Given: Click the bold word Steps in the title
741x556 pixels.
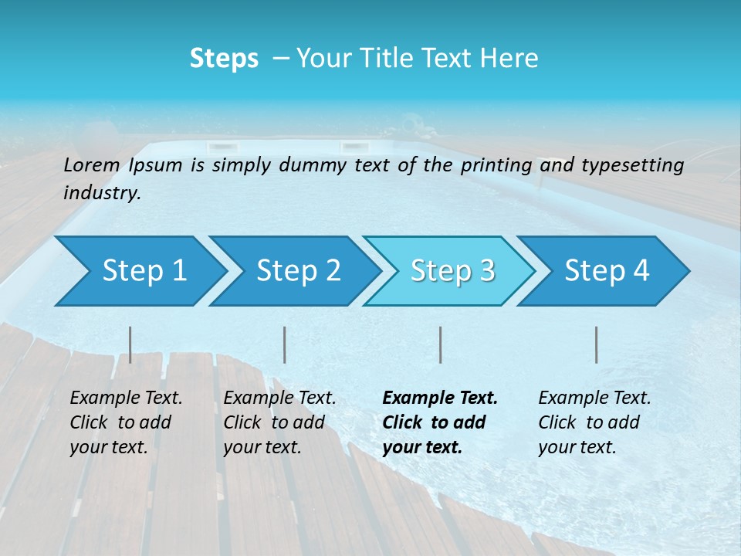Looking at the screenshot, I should (224, 59).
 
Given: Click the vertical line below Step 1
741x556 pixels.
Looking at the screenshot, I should (130, 344).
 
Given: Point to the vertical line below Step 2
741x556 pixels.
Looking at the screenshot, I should (285, 344).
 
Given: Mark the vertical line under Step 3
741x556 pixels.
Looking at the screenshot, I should (440, 344).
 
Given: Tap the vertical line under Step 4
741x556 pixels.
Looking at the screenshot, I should (596, 344).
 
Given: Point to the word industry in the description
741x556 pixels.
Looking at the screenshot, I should (102, 193).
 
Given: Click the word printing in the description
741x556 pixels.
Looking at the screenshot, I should (496, 165).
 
